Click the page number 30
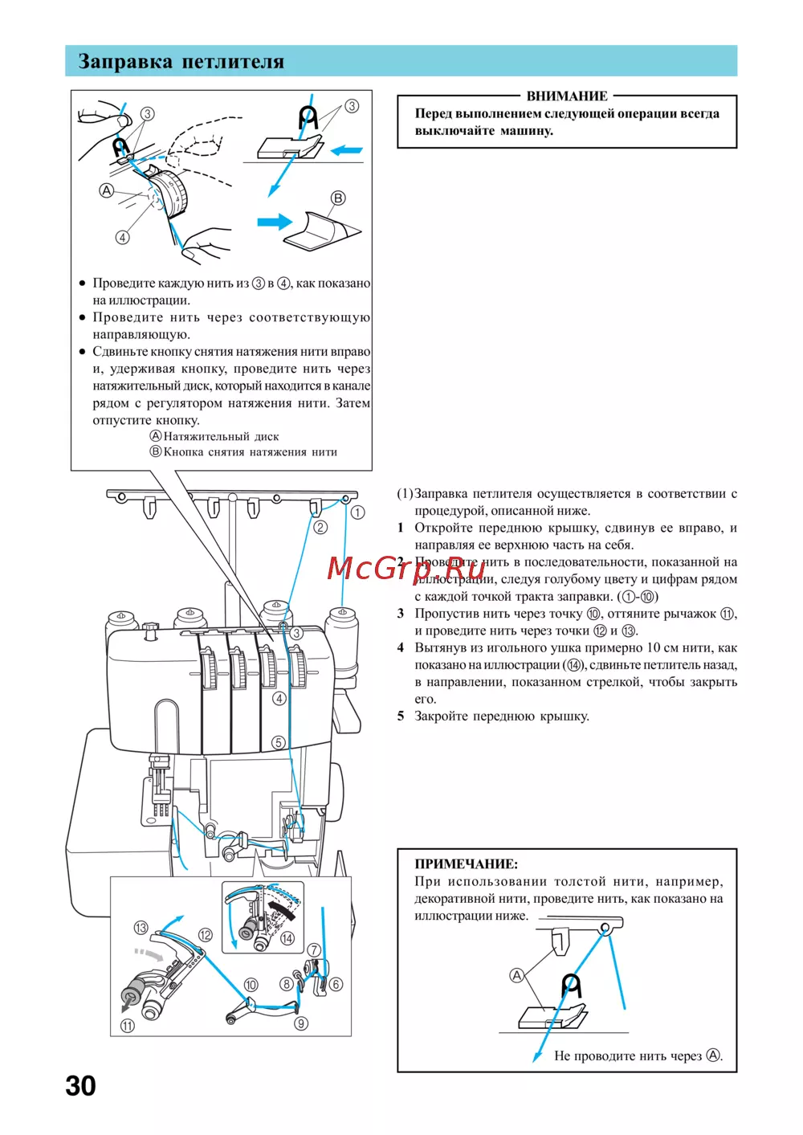80,1086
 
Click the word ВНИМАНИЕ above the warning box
567,96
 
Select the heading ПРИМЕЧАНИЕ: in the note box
466,864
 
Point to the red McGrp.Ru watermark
406,568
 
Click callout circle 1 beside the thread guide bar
358,512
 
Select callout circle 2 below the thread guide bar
320,527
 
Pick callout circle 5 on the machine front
278,742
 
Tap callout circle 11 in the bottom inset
128,1026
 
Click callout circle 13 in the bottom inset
141,928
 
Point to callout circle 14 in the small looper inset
287,938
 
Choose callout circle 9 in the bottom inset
301,1023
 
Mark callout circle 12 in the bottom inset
206,935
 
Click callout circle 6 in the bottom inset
336,984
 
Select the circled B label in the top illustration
338,198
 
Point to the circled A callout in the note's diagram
517,975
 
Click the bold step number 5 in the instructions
401,716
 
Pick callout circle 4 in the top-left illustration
122,237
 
